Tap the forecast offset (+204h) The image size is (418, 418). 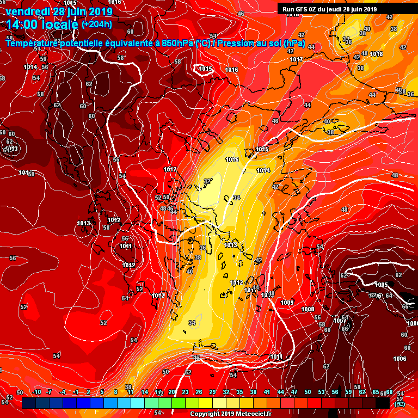(x=97, y=24)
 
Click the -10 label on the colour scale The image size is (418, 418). (x=37, y=392)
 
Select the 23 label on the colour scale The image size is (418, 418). (x=185, y=392)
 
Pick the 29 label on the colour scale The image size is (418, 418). (x=212, y=392)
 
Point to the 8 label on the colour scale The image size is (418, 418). (x=116, y=392)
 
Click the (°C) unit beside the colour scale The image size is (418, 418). (x=399, y=403)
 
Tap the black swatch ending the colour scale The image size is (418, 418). (x=383, y=403)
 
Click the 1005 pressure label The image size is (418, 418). (x=381, y=285)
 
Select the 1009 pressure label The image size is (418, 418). (x=287, y=302)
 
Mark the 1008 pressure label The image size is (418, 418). (x=308, y=309)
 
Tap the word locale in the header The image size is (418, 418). (x=60, y=24)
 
